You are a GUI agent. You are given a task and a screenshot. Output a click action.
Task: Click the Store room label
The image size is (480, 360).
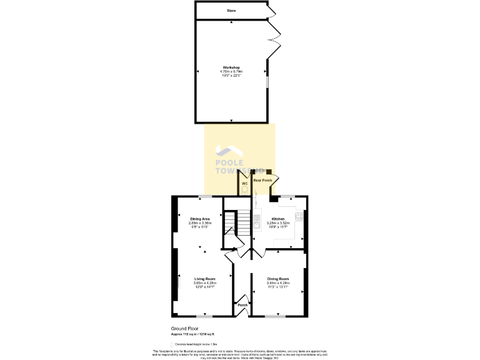point(231,11)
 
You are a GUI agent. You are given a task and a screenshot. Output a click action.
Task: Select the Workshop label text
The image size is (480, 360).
point(231,67)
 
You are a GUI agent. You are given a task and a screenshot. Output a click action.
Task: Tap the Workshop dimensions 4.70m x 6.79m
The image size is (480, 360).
point(231,72)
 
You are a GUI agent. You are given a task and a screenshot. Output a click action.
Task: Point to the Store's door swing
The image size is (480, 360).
point(271,11)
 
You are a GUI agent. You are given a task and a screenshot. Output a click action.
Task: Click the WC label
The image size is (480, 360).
point(245,184)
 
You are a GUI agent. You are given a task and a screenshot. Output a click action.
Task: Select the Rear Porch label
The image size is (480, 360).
point(262,180)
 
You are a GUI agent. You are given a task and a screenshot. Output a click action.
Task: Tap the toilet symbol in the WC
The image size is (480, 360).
point(245,190)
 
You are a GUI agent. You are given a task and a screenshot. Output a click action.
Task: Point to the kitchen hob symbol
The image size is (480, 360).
point(299,217)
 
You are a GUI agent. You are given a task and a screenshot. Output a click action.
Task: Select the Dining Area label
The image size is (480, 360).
point(200,219)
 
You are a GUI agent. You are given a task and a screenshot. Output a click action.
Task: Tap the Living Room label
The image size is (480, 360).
point(204,279)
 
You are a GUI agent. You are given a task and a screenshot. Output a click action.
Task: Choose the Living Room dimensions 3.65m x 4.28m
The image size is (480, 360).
point(204,283)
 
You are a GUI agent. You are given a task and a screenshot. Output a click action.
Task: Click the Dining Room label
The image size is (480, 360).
point(278,279)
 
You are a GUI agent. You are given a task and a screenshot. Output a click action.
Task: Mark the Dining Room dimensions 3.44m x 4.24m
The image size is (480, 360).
point(278,283)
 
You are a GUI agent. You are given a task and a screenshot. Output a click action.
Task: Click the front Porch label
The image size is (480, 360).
point(242,305)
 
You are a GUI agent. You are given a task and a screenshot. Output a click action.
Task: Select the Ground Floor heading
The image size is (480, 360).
point(184,328)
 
